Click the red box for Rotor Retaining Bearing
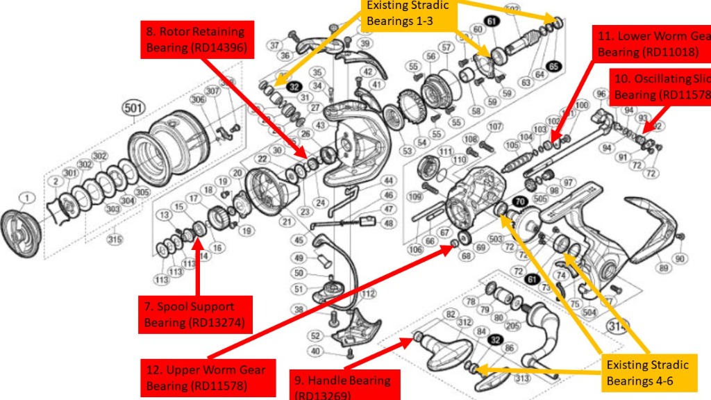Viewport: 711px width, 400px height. tap(196, 40)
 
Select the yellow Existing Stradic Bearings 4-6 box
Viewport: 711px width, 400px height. tap(647, 373)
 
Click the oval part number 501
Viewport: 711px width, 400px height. tap(132, 108)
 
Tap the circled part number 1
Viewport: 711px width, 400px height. tap(26, 199)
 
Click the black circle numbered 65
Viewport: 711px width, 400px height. tap(553, 66)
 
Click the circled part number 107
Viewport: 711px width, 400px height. tap(494, 126)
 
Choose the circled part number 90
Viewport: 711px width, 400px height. tap(680, 259)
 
